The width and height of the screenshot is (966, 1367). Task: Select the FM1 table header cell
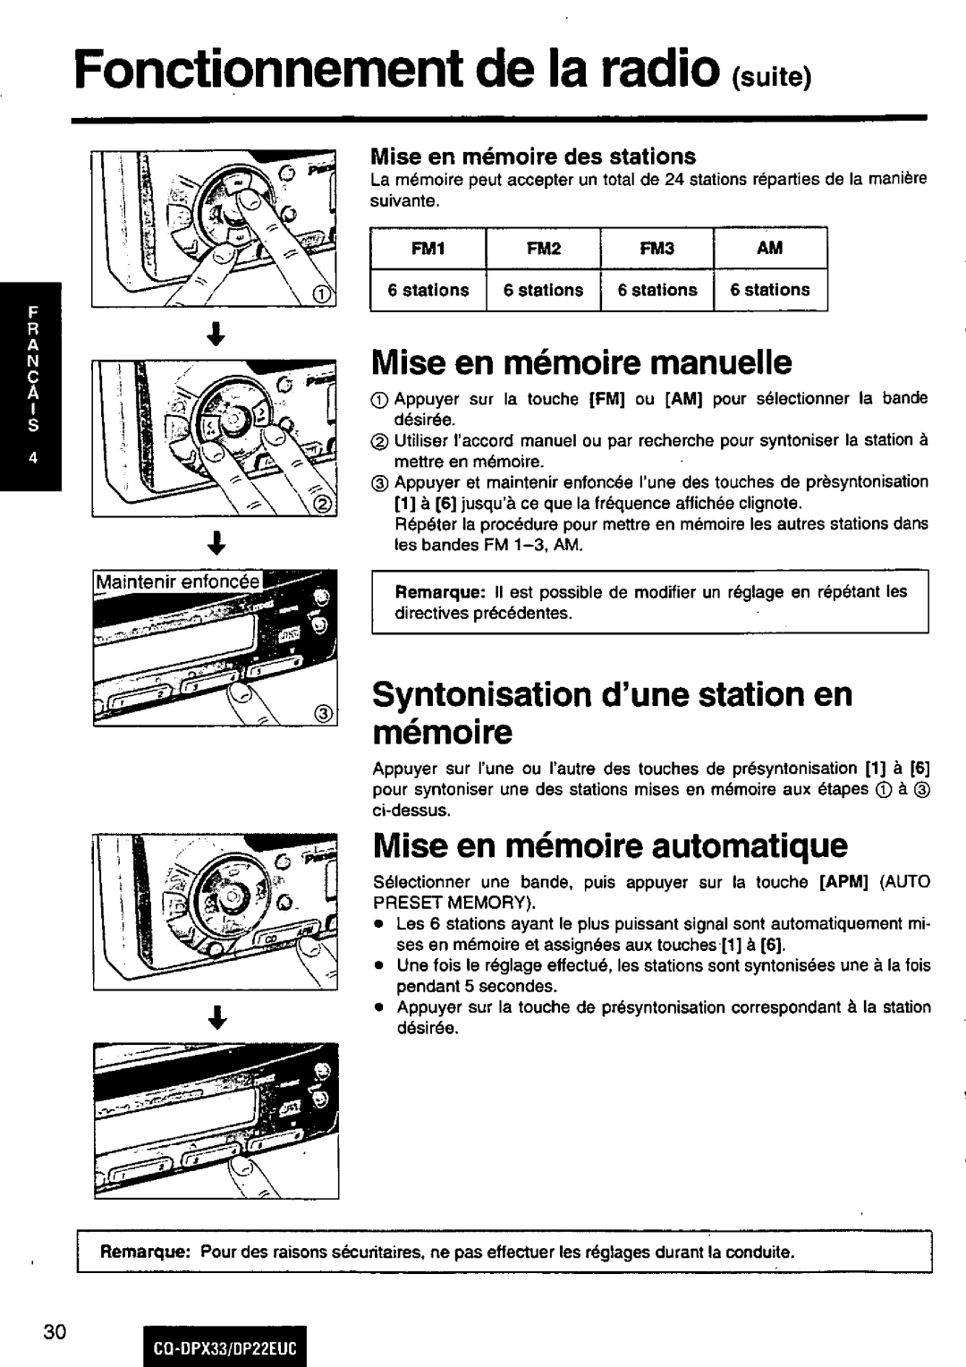pos(428,249)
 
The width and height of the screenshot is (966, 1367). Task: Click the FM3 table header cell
pos(657,249)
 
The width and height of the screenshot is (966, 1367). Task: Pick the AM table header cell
pos(769,249)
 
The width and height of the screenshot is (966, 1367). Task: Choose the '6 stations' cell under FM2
pos(543,290)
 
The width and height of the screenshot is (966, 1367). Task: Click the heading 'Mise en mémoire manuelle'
pos(582,362)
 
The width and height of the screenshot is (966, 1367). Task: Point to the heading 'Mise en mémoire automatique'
pos(609,844)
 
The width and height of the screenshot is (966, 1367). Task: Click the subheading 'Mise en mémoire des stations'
pos(534,157)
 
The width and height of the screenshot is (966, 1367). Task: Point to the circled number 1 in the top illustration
pos(319,296)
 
